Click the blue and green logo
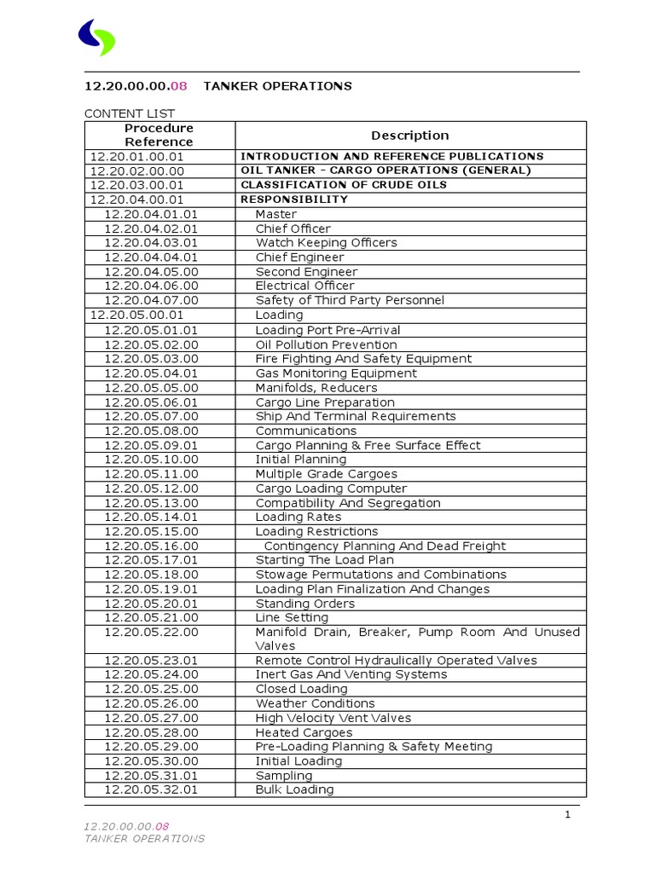click(x=96, y=38)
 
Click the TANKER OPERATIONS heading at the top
click(x=276, y=86)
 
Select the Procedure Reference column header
click(x=159, y=135)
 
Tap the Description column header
click(x=409, y=135)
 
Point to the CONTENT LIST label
click(x=129, y=113)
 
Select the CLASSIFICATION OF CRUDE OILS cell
click(x=343, y=185)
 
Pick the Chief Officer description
click(x=293, y=228)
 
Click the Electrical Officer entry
click(x=304, y=286)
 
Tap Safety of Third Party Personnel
click(x=350, y=300)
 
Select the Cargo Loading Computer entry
click(x=331, y=489)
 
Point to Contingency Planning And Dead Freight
click(x=385, y=546)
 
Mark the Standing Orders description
click(x=304, y=604)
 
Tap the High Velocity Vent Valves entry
click(x=333, y=718)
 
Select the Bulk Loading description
click(x=294, y=789)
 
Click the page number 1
click(x=567, y=815)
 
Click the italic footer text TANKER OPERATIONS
click(x=144, y=838)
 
